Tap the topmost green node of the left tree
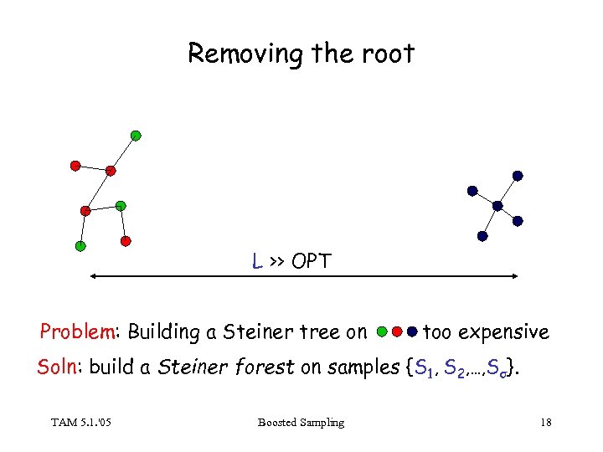click(x=136, y=135)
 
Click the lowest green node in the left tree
click(x=80, y=246)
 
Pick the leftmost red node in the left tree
click(x=75, y=166)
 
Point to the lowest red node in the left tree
click(x=126, y=241)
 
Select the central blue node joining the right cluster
click(x=497, y=205)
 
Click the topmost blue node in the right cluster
click(x=518, y=176)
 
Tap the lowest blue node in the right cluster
click(x=482, y=236)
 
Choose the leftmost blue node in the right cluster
click(x=472, y=191)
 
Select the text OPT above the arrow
click(x=312, y=261)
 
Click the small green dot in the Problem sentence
click(x=382, y=331)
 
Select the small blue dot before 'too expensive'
click(x=412, y=331)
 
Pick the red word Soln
click(x=59, y=367)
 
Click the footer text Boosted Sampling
click(x=301, y=423)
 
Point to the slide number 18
click(x=546, y=423)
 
